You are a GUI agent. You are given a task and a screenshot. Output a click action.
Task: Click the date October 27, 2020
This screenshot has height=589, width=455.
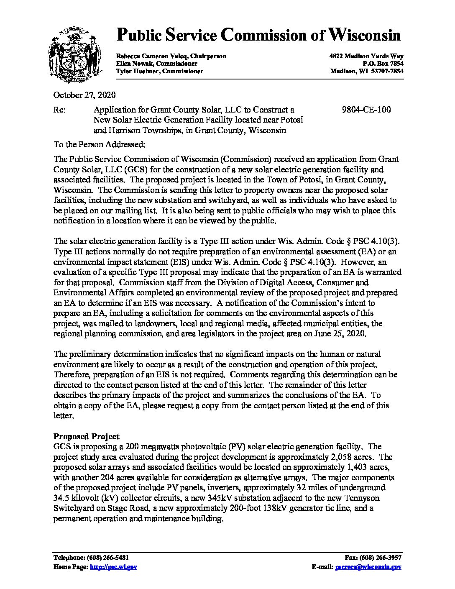(x=84, y=95)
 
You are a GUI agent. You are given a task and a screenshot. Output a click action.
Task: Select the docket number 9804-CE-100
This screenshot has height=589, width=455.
(x=366, y=110)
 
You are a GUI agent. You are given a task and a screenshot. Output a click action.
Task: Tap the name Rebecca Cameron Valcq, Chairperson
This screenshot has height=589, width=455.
(x=171, y=56)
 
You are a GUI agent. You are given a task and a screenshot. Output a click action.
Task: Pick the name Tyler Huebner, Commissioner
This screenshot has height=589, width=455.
(x=160, y=71)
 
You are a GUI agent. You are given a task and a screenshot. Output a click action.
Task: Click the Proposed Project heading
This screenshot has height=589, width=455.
(x=87, y=436)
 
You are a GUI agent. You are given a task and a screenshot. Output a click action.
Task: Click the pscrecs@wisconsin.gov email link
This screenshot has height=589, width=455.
(x=368, y=567)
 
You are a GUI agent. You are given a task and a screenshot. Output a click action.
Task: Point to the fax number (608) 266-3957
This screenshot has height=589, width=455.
(x=381, y=558)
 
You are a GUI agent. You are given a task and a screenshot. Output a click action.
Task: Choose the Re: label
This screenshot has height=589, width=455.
(x=59, y=110)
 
